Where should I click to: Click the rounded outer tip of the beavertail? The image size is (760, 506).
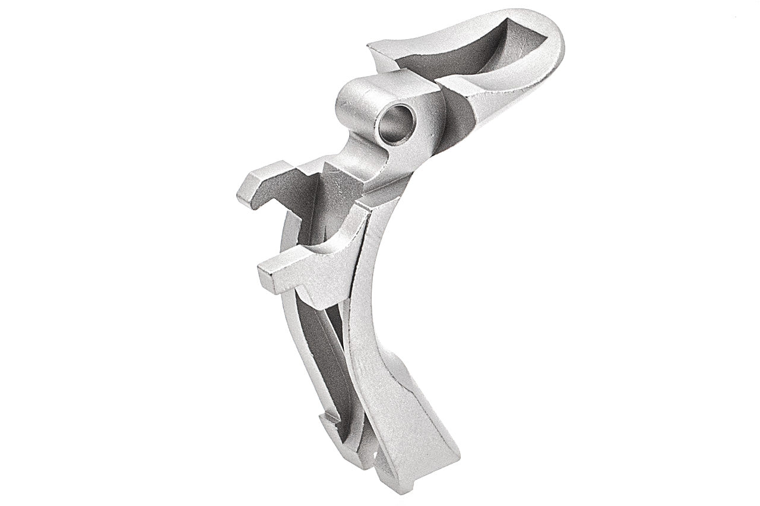point(555,42)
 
